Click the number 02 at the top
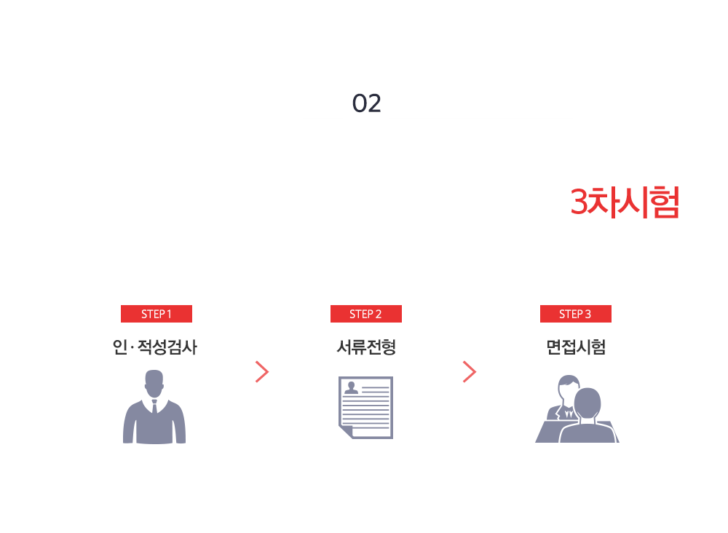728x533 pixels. [x=366, y=103]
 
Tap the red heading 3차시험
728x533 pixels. [x=625, y=202]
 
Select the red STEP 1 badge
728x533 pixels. [x=157, y=314]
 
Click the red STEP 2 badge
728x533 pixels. [x=366, y=314]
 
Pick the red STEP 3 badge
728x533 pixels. [x=576, y=314]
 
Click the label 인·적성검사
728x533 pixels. [x=154, y=347]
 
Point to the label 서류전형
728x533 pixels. [x=366, y=347]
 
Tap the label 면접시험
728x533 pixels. [x=576, y=347]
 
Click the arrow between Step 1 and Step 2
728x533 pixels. [x=262, y=371]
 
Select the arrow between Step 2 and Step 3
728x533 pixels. [x=470, y=371]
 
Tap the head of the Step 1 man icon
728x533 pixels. [x=154, y=383]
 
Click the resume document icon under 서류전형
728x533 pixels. [x=366, y=408]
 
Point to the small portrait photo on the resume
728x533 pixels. [x=352, y=387]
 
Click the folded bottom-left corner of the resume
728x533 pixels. [x=345, y=431]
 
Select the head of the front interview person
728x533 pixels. [x=587, y=403]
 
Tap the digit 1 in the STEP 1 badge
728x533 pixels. [x=170, y=315]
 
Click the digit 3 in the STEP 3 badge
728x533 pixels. [x=587, y=315]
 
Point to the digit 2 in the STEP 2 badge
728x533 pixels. [x=379, y=315]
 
